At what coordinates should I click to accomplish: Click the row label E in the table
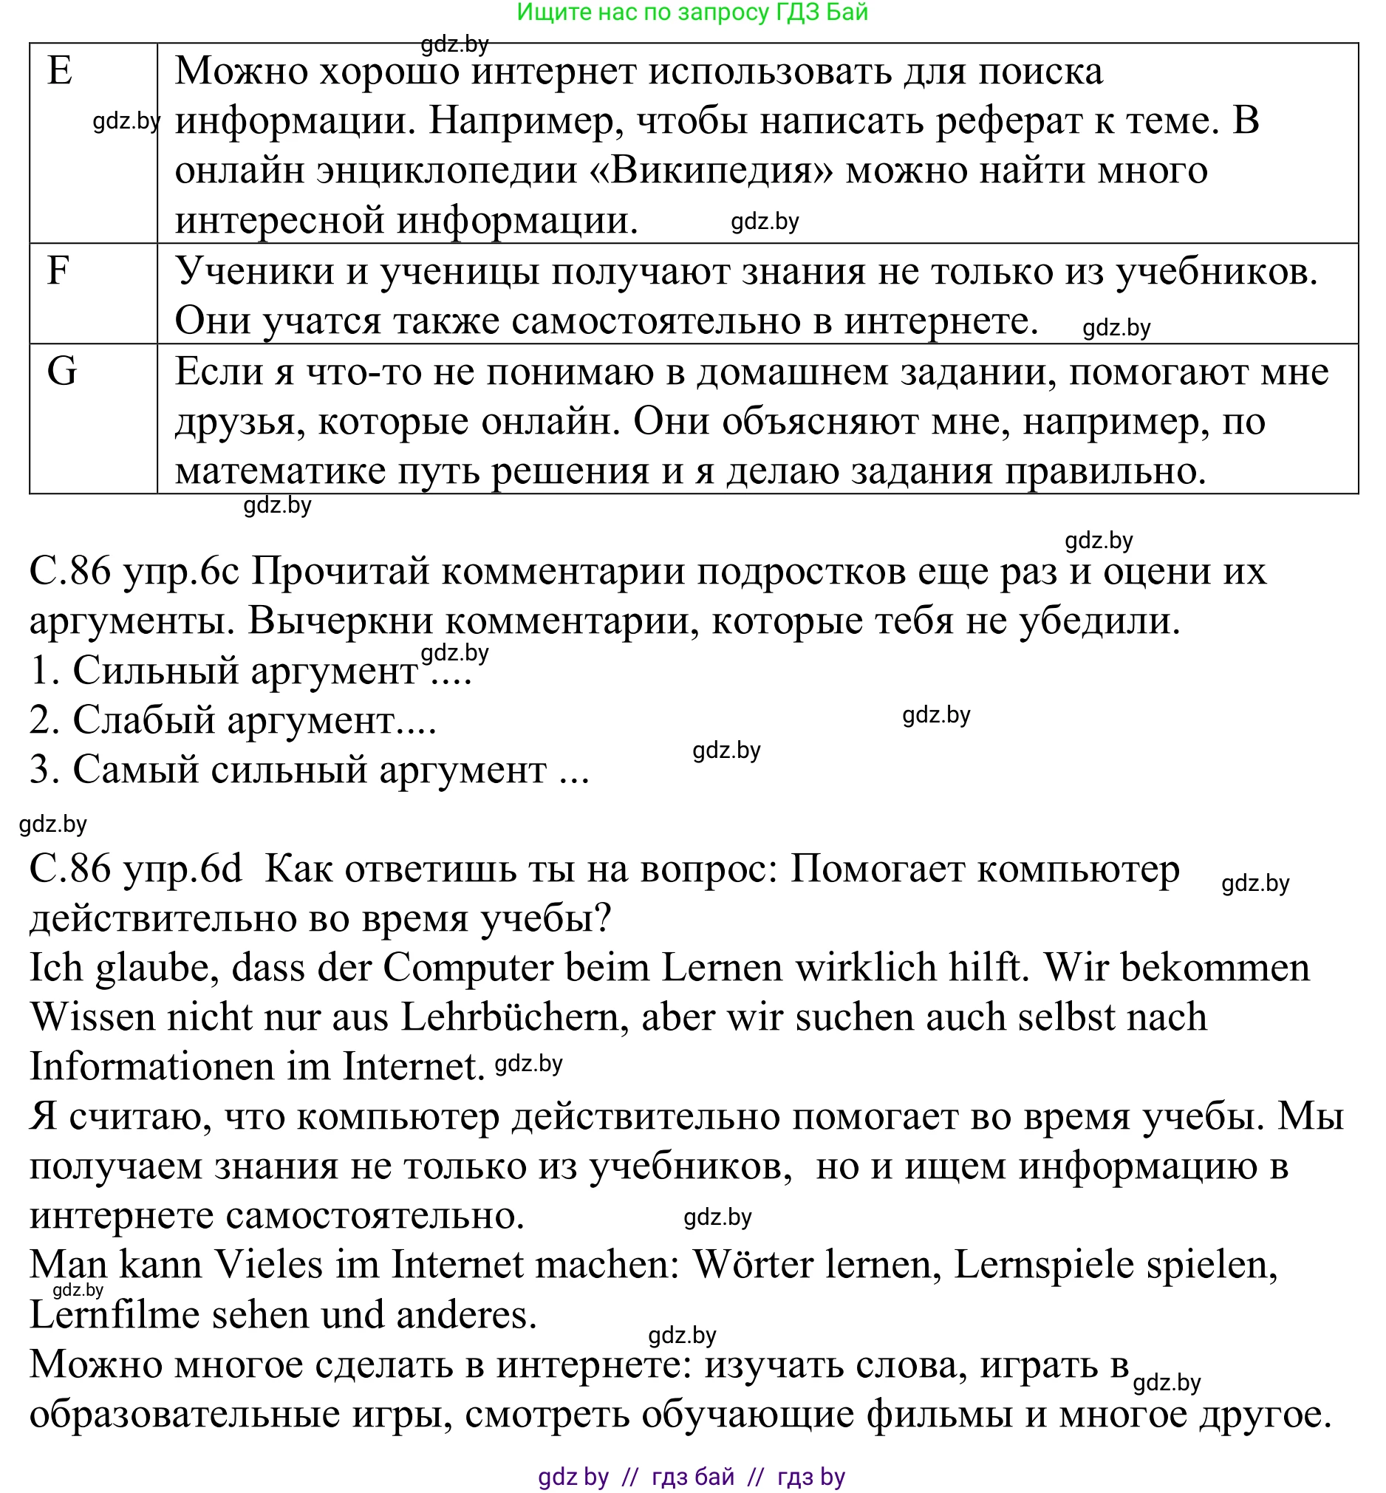[60, 71]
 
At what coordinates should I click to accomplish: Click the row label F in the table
[58, 270]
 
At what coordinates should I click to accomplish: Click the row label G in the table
[61, 371]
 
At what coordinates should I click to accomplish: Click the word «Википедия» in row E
[711, 171]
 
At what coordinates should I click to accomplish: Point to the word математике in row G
[280, 471]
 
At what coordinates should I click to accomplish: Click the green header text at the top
[692, 12]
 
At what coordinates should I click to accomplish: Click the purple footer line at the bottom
[692, 1476]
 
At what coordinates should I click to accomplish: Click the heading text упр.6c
[181, 571]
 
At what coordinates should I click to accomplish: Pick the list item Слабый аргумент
[233, 720]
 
